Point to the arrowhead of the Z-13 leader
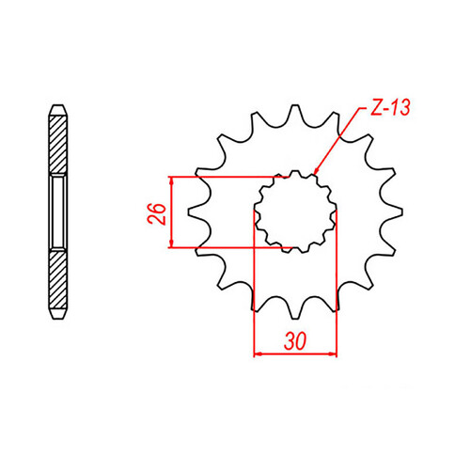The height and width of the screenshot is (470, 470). pos(318,176)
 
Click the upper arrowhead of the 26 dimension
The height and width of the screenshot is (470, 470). pos(170,181)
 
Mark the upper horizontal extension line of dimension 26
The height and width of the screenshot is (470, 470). pos(226,176)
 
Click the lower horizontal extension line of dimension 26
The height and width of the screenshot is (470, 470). pos(226,248)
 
